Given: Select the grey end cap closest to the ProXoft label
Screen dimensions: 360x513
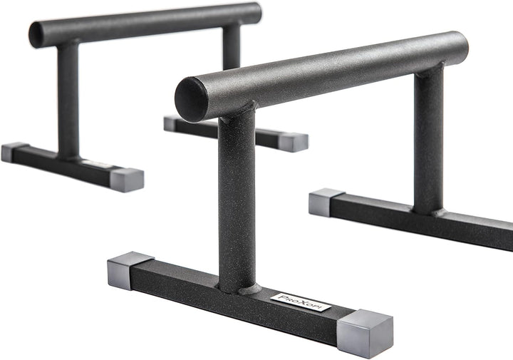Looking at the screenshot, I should [x=364, y=332].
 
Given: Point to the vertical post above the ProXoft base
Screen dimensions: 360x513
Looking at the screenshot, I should [x=237, y=200].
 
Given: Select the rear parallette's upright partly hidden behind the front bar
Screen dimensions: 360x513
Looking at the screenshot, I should [x=231, y=47].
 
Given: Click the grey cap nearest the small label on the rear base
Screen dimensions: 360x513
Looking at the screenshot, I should [x=126, y=179].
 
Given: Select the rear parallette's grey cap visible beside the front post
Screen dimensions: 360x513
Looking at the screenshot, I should [x=293, y=141].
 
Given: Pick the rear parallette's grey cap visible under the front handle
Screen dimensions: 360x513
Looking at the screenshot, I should [x=171, y=123].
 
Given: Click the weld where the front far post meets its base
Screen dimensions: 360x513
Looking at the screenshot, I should [x=429, y=211].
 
